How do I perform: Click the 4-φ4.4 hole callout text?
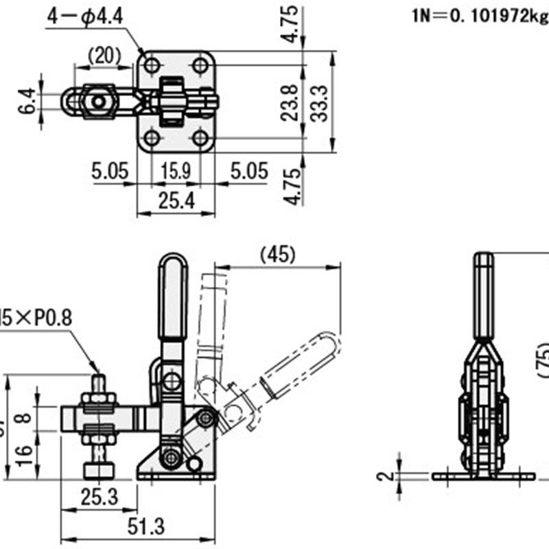click(85, 16)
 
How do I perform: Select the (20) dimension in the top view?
click(104, 56)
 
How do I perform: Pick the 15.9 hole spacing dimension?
click(176, 171)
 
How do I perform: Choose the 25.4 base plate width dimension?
click(176, 200)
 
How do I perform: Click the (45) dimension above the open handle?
click(278, 255)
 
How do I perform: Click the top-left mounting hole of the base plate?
click(152, 66)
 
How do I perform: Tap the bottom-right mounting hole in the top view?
click(200, 139)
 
